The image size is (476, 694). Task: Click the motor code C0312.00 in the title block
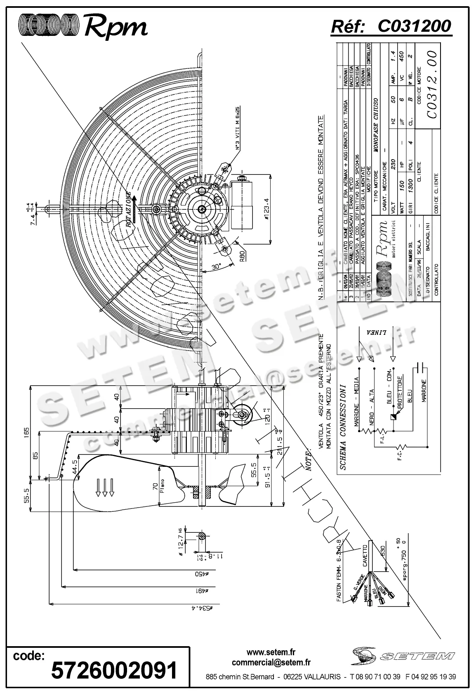point(431,84)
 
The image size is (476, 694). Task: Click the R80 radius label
point(243,256)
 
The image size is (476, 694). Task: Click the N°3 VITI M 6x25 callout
point(238,128)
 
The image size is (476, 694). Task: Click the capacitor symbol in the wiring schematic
point(420,366)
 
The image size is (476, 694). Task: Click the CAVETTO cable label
point(365,555)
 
